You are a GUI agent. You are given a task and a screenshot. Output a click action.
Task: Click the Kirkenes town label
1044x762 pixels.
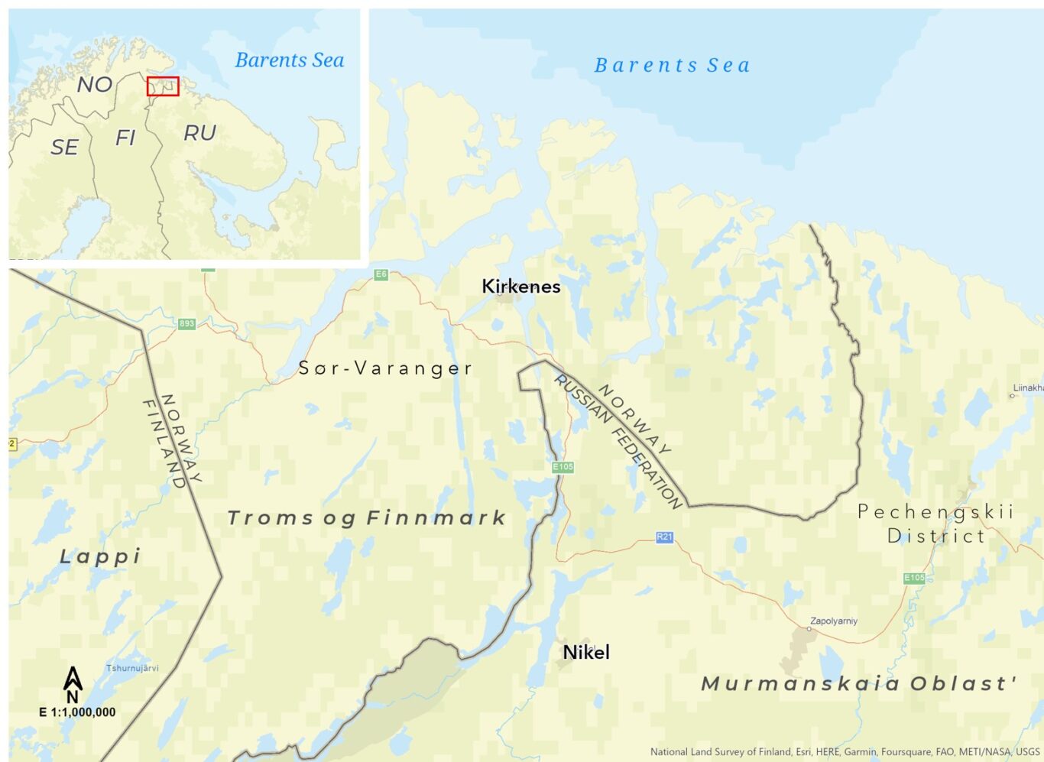[521, 287]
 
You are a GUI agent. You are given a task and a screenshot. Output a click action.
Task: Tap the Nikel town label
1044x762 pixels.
[586, 652]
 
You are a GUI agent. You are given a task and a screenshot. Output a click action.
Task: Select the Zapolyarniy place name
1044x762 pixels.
[834, 621]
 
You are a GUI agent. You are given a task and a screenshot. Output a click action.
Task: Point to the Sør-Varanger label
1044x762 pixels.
[385, 368]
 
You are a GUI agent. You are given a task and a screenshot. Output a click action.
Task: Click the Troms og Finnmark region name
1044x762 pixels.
[367, 518]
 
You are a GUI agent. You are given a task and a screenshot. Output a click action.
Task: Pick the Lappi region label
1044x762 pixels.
[100, 556]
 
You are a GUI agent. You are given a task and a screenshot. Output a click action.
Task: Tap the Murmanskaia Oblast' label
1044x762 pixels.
[859, 683]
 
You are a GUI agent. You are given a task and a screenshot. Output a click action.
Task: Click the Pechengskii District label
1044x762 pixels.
[935, 524]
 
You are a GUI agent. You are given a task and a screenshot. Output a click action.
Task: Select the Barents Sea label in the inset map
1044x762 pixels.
[290, 60]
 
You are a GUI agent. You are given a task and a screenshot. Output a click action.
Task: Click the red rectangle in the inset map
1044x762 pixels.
[163, 86]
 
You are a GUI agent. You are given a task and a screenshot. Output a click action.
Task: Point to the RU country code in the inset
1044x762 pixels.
[200, 134]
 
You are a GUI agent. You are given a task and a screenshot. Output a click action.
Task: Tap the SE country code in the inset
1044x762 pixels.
[65, 147]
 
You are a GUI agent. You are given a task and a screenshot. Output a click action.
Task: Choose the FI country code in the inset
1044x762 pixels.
[125, 138]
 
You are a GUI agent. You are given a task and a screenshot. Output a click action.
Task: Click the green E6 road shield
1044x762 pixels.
[381, 274]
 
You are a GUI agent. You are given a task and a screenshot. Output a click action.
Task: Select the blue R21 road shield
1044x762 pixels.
[665, 537]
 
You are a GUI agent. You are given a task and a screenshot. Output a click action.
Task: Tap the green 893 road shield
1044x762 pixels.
[186, 324]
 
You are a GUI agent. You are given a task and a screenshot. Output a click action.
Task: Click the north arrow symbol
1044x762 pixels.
[73, 684]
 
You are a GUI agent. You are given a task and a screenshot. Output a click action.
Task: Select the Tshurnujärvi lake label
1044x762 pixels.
[132, 668]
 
